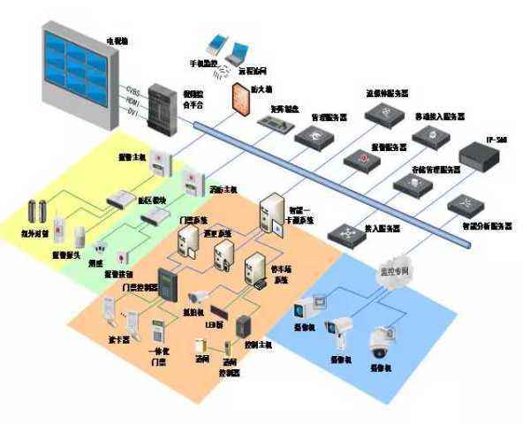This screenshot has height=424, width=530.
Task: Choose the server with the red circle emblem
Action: pyautogui.click(x=361, y=159)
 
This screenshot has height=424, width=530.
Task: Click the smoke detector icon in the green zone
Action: pyautogui.click(x=101, y=250)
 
